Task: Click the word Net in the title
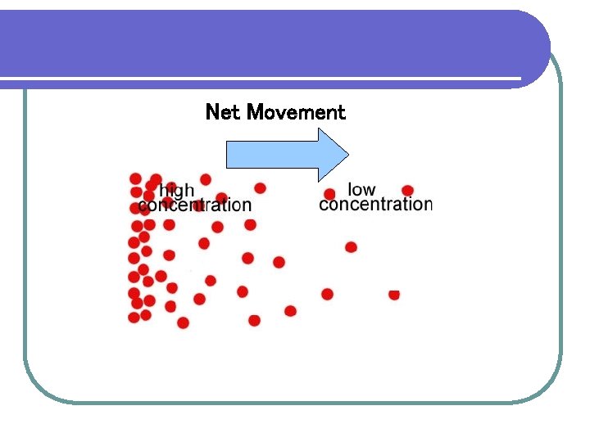click(222, 112)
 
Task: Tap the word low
click(361, 190)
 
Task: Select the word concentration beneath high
click(195, 205)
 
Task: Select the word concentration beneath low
click(375, 204)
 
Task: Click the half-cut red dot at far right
click(394, 294)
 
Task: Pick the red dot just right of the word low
click(407, 191)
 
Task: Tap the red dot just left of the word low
click(329, 194)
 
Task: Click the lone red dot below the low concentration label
click(351, 247)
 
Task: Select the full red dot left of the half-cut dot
click(327, 294)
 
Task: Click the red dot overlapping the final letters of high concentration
click(221, 198)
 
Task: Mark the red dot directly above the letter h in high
click(156, 178)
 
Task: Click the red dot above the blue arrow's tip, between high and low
click(261, 188)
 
